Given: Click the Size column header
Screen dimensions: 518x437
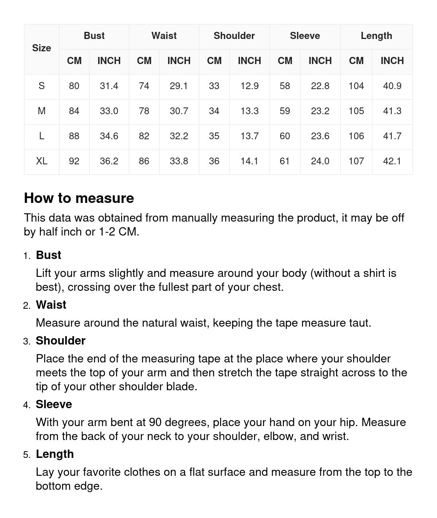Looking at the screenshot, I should (42, 48).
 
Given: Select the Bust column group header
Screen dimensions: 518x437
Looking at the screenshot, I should (94, 36).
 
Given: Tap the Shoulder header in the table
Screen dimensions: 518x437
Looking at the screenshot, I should (234, 36).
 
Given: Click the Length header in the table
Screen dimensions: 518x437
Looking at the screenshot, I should (376, 36).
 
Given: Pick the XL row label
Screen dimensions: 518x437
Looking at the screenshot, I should (42, 161).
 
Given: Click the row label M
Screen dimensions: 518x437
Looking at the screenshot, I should (42, 111).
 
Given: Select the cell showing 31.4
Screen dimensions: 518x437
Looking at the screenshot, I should (109, 86).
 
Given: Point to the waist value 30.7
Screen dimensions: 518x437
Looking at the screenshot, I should (179, 111).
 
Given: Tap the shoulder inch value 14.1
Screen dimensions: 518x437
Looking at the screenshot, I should (249, 161).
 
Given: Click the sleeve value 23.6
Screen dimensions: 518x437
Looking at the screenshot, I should (320, 136).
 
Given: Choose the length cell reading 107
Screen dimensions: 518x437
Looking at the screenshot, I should (356, 161).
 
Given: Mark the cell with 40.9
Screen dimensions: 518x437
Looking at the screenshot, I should (392, 86).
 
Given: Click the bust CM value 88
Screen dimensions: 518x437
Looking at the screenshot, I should (74, 136).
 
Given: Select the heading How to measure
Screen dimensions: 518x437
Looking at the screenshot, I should (79, 198).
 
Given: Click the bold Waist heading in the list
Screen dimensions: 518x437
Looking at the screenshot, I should (51, 305).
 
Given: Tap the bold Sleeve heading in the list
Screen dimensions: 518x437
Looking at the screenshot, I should (54, 404).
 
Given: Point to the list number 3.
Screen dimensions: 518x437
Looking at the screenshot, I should (27, 341).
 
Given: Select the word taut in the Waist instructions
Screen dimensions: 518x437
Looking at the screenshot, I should (359, 323).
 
